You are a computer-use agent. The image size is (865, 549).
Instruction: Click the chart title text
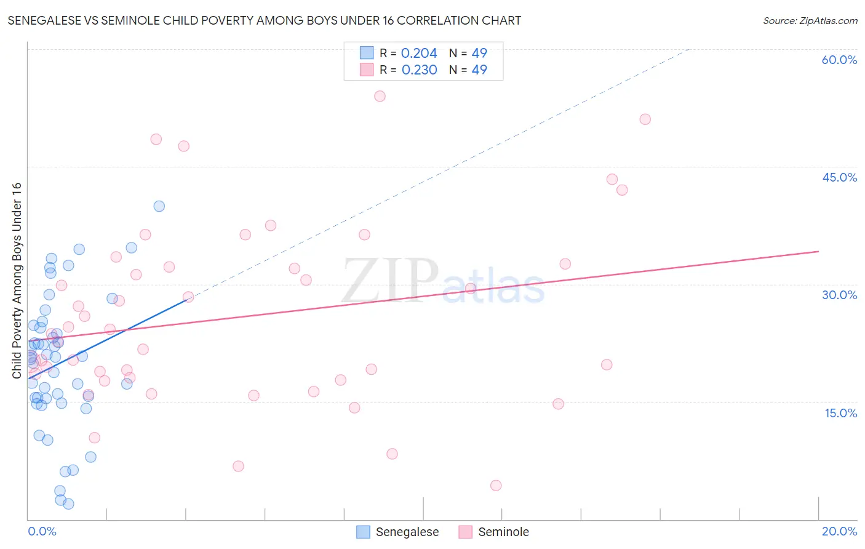click(265, 20)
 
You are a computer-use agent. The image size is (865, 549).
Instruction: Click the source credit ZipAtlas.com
click(810, 20)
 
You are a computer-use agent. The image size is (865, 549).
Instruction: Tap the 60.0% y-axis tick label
click(839, 60)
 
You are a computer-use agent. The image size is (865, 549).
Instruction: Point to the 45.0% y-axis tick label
click(839, 177)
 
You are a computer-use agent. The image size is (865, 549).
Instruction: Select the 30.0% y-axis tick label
click(839, 295)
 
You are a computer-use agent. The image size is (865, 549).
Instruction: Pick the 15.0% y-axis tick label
click(840, 413)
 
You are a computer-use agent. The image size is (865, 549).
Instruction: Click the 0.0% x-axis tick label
click(42, 531)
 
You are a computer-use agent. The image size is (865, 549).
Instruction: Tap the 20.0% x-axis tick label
click(839, 531)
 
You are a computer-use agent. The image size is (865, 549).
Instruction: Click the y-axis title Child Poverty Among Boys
click(17, 281)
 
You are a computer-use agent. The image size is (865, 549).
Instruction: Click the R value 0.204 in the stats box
click(419, 54)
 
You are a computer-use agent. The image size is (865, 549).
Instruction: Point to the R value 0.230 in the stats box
click(419, 70)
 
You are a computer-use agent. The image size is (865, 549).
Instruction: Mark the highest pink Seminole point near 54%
click(380, 96)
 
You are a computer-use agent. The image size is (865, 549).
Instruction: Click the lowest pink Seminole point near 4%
click(496, 486)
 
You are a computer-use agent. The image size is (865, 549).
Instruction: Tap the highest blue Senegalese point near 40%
click(159, 206)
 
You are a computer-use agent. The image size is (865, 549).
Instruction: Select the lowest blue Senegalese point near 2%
click(68, 504)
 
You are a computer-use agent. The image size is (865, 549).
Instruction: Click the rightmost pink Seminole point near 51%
click(645, 119)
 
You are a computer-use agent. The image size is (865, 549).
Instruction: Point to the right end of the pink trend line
click(818, 251)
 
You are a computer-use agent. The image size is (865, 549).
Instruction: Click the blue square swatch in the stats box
click(367, 53)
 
